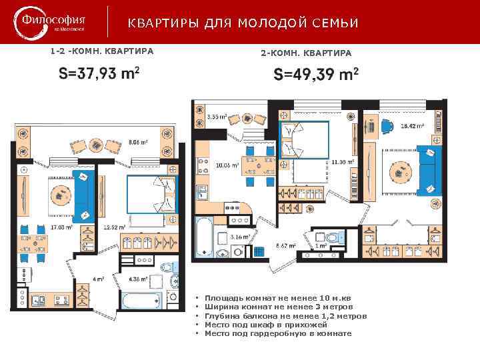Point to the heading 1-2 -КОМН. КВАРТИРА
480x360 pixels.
pyautogui.click(x=102, y=51)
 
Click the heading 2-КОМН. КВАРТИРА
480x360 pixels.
pyautogui.click(x=306, y=52)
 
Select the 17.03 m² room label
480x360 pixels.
pyautogui.click(x=61, y=227)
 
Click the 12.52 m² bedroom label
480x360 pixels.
pyautogui.click(x=115, y=227)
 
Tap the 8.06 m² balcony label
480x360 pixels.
pyautogui.click(x=138, y=142)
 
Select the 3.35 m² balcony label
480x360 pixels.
pyautogui.click(x=217, y=117)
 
